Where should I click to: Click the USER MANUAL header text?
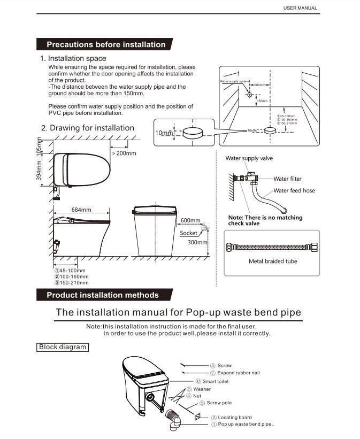pos(300,8)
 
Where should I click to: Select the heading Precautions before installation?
pos(106,44)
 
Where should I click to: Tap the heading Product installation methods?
pos(103,295)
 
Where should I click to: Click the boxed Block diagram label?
pos(63,347)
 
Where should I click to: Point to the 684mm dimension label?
pos(81,210)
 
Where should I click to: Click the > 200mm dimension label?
pos(124,153)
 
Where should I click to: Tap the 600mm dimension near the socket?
pos(190,220)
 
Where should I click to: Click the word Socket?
pos(188,233)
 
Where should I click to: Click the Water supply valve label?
pos(249,158)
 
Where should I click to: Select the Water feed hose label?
pos(294,190)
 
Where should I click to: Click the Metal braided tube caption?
pos(273,261)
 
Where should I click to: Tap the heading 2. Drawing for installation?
pos(87,128)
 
